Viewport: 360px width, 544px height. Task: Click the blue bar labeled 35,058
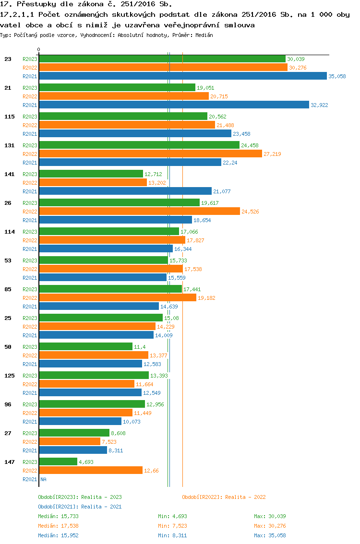[x=182, y=76]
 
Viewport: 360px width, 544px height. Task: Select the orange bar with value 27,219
[x=150, y=154]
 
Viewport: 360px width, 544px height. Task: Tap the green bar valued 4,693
[x=58, y=461]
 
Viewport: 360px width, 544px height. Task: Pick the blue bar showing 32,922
[x=174, y=105]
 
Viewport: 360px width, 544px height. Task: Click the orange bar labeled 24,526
[x=139, y=212]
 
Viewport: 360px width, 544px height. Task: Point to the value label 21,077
[x=222, y=191]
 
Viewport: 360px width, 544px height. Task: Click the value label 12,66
[x=152, y=471]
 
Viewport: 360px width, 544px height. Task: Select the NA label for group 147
[x=43, y=479]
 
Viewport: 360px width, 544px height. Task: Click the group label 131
[x=9, y=145]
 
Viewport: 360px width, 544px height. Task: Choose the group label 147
[x=9, y=462]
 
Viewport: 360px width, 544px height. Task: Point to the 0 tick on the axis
[x=39, y=49]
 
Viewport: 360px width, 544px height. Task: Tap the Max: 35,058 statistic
[x=270, y=535]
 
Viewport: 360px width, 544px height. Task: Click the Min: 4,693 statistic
[x=173, y=516]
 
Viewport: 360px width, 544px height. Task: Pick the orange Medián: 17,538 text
[x=58, y=526]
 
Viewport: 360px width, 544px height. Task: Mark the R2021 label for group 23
[x=30, y=76]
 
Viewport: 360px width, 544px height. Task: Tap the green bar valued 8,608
[x=74, y=433]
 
